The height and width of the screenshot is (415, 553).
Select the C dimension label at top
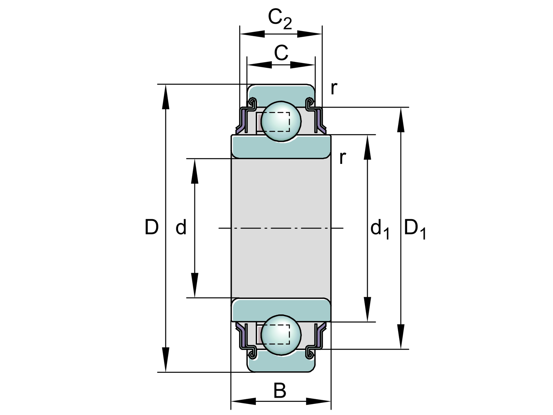tap(281, 53)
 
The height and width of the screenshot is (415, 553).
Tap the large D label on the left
tap(152, 228)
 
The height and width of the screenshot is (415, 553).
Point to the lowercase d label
tap(181, 228)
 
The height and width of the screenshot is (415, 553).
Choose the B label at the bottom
tap(280, 391)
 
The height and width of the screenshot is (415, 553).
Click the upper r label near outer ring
tap(333, 89)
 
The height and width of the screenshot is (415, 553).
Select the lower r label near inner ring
tap(342, 158)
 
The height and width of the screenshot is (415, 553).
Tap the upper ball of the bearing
tap(281, 121)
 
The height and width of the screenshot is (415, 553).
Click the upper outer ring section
tap(281, 92)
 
